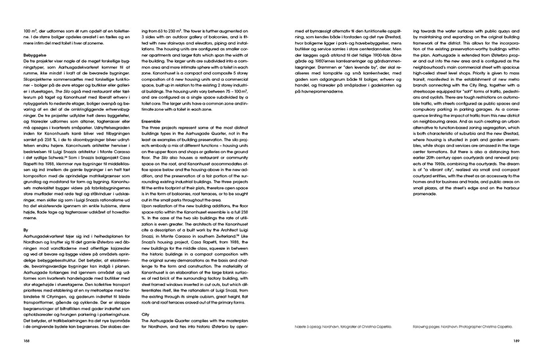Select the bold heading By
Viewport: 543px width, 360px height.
point(25,230)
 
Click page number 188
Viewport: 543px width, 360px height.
point(27,340)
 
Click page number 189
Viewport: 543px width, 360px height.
point(516,340)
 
